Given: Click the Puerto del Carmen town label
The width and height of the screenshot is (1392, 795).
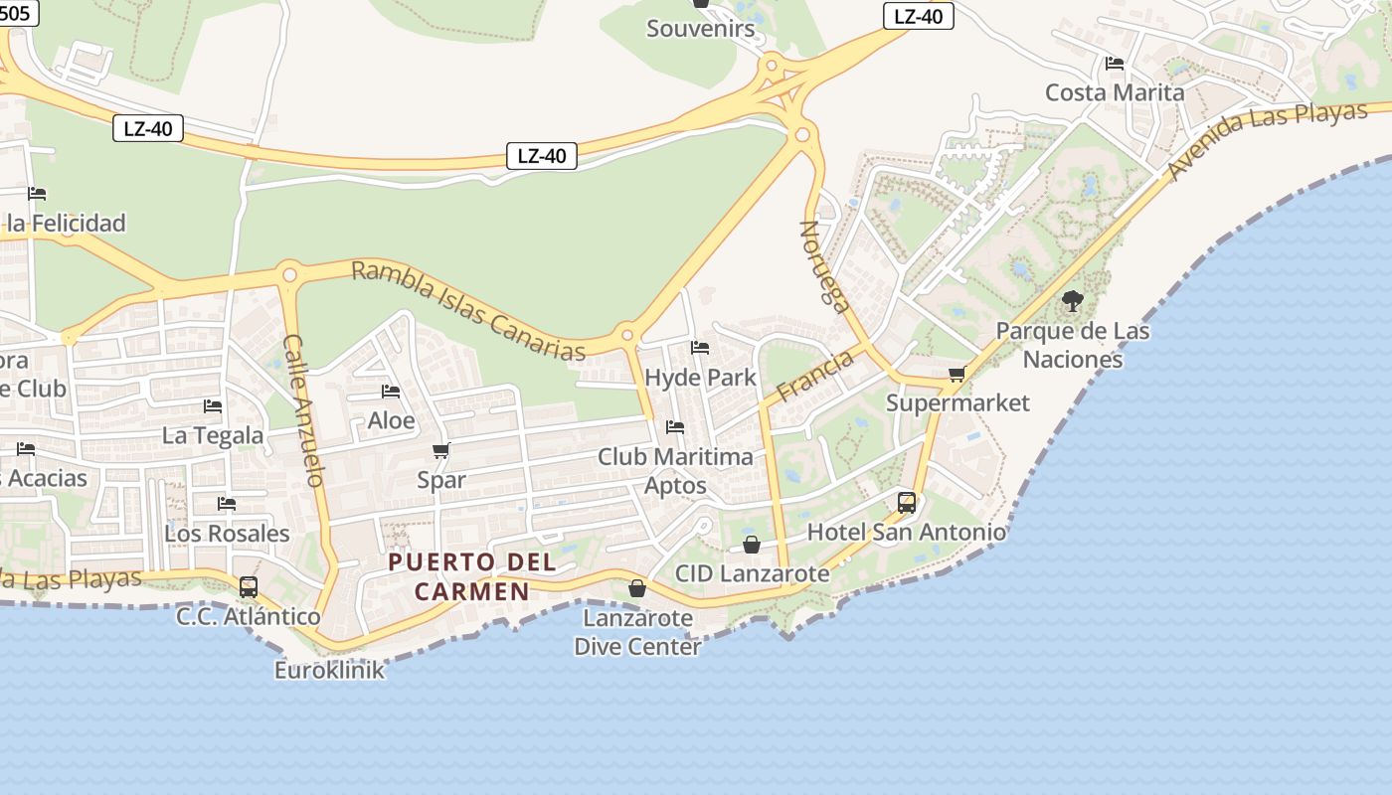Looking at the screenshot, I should click(472, 576).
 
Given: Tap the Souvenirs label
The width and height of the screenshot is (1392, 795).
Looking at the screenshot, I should click(701, 28).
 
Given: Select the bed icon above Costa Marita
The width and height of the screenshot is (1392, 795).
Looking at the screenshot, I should click(1115, 64).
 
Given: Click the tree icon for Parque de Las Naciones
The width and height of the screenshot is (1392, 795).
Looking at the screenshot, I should click(1072, 300).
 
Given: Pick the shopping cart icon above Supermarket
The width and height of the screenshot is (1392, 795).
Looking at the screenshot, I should click(957, 375).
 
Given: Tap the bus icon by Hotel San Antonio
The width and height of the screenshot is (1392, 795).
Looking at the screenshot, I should click(907, 503).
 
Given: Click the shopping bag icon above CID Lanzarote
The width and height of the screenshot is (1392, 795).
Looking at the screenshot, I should click(752, 545).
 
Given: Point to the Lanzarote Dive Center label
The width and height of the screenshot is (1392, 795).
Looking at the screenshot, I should click(637, 632).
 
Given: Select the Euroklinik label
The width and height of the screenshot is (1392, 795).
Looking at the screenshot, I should click(329, 670).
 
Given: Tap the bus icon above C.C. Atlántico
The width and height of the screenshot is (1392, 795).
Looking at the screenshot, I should click(249, 587).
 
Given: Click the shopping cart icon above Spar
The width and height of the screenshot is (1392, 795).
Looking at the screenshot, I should click(441, 451).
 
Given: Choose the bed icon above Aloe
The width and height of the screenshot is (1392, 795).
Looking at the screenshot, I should click(391, 392).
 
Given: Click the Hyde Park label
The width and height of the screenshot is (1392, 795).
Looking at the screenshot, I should click(700, 378).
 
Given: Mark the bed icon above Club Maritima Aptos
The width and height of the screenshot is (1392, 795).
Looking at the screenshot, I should click(675, 427).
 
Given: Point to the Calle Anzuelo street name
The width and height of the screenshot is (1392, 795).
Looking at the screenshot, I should click(303, 409).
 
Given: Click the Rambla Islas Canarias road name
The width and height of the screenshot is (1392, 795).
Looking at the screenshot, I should click(468, 311).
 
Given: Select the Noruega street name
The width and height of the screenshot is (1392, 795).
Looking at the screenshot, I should click(825, 266).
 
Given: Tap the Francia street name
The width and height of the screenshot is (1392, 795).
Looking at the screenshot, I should click(815, 376).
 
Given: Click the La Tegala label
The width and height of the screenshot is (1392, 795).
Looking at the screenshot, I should click(213, 435).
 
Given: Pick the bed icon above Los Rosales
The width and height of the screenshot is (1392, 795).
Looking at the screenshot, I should click(227, 504).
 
